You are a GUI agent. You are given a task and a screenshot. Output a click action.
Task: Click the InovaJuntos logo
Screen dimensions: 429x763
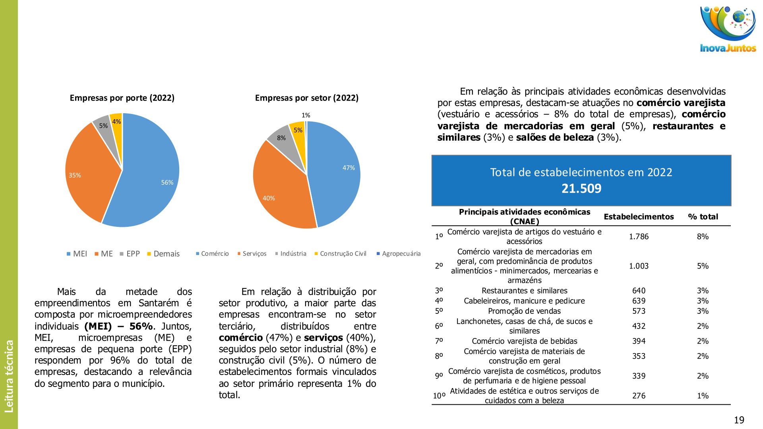click(x=728, y=29)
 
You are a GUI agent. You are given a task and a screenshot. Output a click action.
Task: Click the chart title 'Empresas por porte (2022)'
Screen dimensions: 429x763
click(x=122, y=98)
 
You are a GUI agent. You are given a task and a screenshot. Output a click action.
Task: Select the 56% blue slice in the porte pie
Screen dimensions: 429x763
click(x=151, y=179)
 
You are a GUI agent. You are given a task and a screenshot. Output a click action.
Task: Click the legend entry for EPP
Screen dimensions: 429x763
click(x=130, y=254)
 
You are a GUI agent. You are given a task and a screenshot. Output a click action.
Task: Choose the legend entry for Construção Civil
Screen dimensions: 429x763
click(x=340, y=254)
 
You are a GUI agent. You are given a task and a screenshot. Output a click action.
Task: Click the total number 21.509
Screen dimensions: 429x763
click(x=581, y=188)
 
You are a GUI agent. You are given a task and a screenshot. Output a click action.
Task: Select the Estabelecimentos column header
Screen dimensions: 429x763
click(x=639, y=216)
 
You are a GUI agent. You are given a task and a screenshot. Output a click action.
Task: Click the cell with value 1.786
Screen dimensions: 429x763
click(x=639, y=236)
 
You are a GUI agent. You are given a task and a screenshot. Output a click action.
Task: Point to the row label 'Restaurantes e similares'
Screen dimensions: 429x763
click(x=524, y=291)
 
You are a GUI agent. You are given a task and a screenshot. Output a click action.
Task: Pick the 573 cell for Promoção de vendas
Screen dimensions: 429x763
click(x=639, y=311)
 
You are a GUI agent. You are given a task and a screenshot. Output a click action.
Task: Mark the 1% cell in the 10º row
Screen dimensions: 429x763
click(x=703, y=396)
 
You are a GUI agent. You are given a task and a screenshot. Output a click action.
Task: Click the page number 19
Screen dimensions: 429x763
click(x=739, y=420)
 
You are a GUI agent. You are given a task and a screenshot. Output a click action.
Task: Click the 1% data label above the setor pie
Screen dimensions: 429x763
click(x=306, y=115)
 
